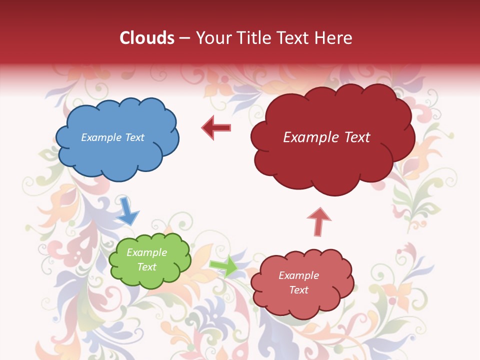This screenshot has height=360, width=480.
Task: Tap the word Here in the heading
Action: click(x=334, y=38)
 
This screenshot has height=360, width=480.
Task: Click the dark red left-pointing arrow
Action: click(x=216, y=127)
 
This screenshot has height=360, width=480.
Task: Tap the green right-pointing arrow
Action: click(x=223, y=266)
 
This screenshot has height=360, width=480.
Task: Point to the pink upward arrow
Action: click(x=318, y=221)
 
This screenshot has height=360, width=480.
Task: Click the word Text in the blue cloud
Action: click(x=135, y=137)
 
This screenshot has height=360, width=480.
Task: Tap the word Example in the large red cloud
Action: click(x=311, y=137)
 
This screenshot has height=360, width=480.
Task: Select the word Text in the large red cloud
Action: click(x=357, y=137)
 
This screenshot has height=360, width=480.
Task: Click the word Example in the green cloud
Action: click(x=146, y=252)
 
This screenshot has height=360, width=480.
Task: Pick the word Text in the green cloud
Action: click(x=146, y=267)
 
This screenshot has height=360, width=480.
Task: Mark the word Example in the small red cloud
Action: click(x=298, y=275)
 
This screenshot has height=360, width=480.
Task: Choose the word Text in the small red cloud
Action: click(x=298, y=290)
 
